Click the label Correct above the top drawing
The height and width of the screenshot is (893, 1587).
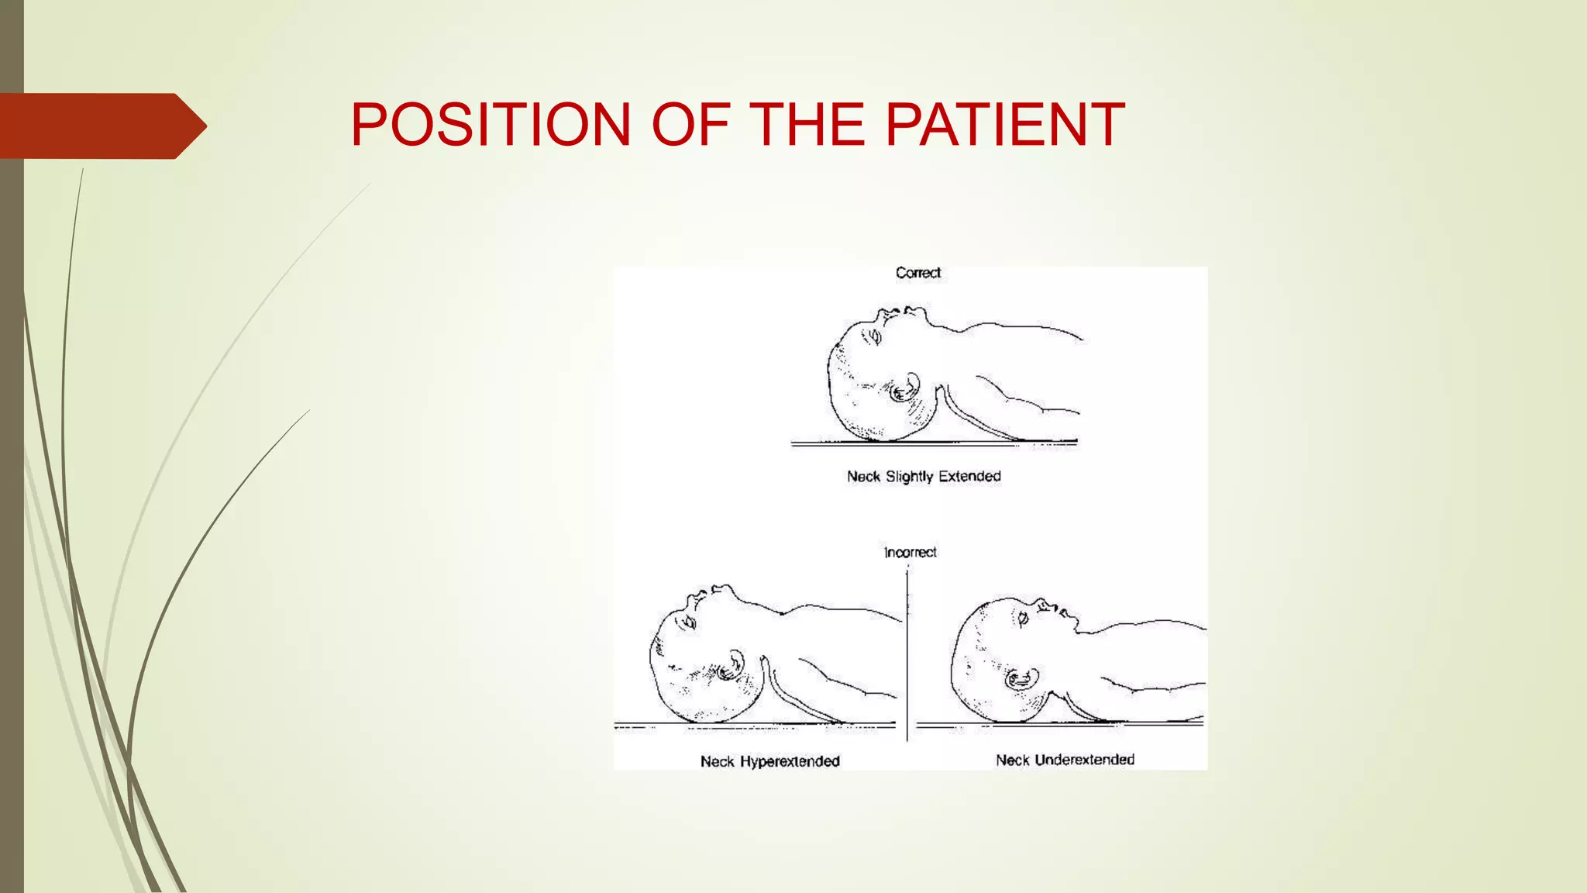coord(918,273)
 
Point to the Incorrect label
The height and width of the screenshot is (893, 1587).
coord(911,553)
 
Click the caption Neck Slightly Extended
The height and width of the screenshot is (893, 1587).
coord(924,476)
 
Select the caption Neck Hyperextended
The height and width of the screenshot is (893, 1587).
coord(770,761)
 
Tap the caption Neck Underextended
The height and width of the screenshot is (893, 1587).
coord(1065,760)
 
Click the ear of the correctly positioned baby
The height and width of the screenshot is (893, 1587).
coord(904,388)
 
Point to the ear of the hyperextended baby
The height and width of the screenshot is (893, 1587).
coord(730,666)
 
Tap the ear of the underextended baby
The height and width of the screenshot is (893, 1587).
coord(1021,680)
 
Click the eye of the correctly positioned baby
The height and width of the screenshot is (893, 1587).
coord(876,336)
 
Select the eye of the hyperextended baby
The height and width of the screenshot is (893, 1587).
coord(688,621)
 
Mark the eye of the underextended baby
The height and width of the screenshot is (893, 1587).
coord(1022,619)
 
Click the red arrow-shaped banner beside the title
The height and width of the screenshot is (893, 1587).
coord(101,126)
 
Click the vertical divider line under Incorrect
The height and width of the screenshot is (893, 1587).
coord(907,659)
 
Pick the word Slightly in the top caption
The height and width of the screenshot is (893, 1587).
coord(910,476)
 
